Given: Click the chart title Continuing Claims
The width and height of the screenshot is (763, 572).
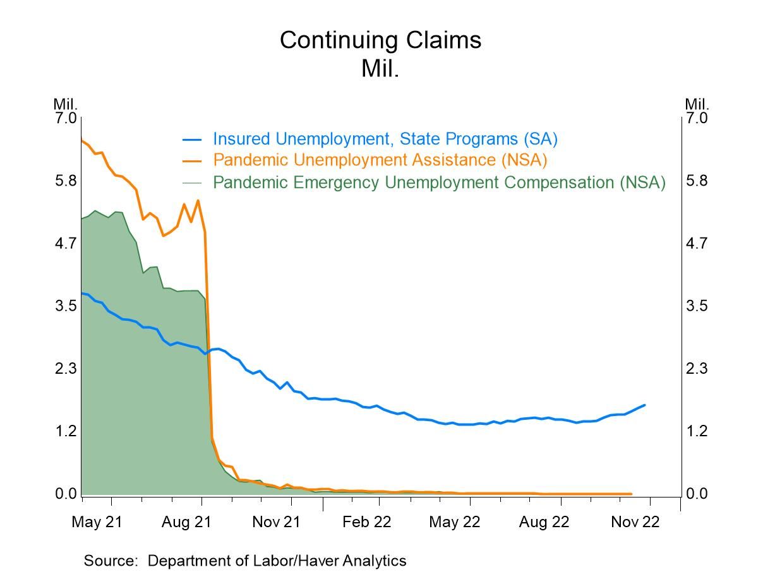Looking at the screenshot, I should [380, 40].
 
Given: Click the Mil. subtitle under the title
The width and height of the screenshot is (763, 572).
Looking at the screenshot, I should [380, 68].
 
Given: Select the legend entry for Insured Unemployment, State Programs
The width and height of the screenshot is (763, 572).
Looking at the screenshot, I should [385, 138].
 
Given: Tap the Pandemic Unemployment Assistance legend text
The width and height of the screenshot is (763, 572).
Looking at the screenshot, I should [380, 160].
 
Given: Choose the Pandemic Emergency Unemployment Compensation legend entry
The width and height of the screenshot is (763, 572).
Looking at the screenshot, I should [439, 182].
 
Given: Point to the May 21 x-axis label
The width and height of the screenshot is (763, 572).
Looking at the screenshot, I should [96, 522].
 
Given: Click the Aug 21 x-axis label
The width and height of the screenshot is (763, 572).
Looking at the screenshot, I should [186, 522].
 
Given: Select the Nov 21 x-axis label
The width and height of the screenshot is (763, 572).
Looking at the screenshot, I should [276, 522].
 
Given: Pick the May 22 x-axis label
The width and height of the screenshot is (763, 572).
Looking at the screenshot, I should [455, 522].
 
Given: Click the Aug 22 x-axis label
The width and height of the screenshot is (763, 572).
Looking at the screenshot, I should [544, 522].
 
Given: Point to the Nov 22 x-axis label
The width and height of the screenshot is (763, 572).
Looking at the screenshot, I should [634, 522].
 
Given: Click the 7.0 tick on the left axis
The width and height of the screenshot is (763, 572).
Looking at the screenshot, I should [66, 118].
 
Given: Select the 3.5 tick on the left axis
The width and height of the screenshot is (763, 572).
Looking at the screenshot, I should [66, 306].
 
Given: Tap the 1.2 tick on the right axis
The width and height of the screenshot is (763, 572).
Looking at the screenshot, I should [697, 431].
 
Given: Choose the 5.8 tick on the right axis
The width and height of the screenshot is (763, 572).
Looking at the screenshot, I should [697, 181].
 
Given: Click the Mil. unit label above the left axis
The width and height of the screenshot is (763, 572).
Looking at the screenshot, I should [65, 104].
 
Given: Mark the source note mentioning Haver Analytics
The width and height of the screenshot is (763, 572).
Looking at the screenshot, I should [245, 560].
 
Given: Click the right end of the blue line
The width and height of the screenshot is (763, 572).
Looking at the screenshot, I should [644, 405].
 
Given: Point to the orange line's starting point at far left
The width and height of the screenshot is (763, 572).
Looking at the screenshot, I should [82, 140].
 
